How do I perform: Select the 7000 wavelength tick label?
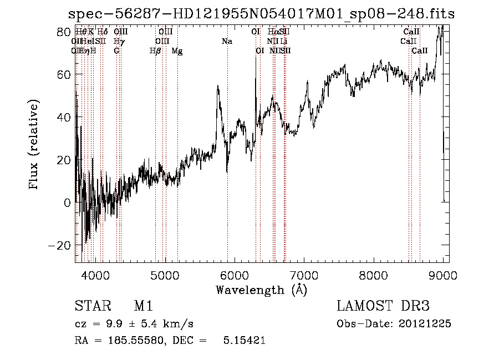coord(304,275)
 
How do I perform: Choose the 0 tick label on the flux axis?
coord(68,202)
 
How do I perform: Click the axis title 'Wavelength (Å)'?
coord(261,290)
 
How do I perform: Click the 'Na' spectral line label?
coord(227,41)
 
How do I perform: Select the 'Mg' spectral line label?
coord(177,51)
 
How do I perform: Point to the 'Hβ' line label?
coord(155,51)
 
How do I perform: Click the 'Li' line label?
coord(283,41)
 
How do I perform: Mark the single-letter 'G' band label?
coord(116,51)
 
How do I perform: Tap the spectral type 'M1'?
coord(143,306)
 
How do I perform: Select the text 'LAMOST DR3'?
coord(383,306)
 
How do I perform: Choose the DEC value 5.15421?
coord(243,341)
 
